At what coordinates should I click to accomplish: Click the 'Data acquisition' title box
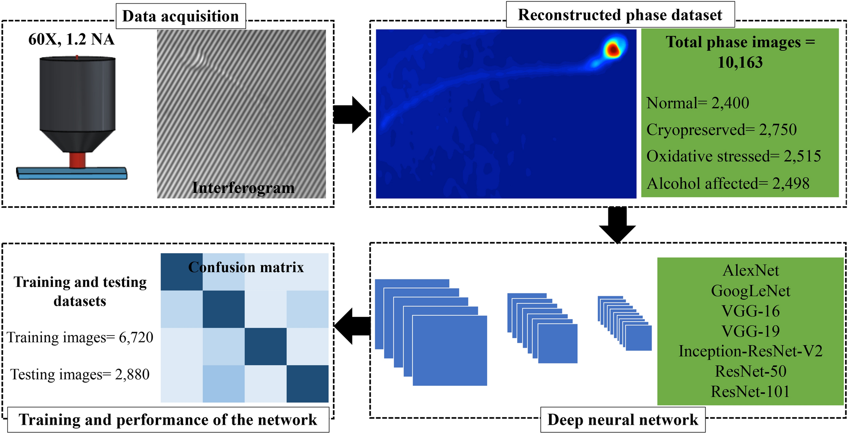coord(180,16)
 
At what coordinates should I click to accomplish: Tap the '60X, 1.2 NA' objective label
coord(71,39)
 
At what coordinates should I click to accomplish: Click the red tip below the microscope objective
coord(77,159)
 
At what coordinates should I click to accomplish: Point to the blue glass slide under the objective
coord(72,173)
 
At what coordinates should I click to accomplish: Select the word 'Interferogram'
coord(243,188)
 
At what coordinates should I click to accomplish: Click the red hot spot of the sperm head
coord(612,50)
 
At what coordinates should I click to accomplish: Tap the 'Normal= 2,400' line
coord(698,103)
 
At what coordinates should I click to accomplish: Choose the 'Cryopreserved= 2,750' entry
coord(721,130)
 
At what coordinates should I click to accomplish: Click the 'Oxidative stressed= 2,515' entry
coord(733,156)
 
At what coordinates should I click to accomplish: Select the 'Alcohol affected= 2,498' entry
coord(728,183)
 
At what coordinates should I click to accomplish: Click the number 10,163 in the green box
coord(740,63)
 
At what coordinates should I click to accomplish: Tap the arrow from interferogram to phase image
coord(352,114)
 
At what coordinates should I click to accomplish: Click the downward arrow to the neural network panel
coord(617,225)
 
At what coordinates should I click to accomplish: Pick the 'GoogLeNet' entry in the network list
coord(750,291)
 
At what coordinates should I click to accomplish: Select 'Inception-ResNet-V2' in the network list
coord(750,351)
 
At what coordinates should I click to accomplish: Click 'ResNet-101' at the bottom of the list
coord(750,391)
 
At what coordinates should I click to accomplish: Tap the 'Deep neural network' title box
coord(623,420)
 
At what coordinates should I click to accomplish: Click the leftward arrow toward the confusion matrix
coord(352,326)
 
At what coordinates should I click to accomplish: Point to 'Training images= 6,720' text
coord(80,337)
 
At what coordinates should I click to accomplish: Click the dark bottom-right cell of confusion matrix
coord(307,384)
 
